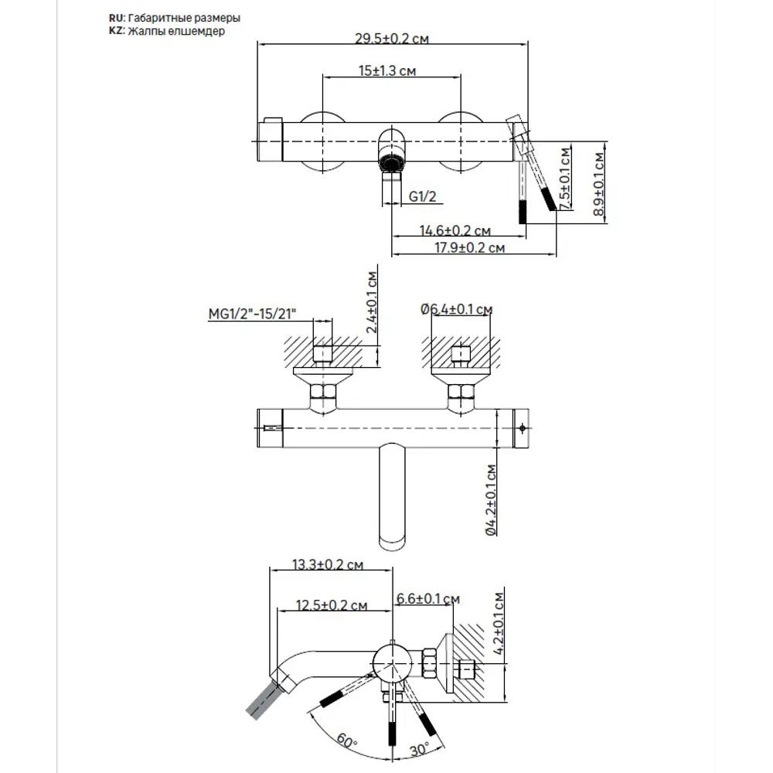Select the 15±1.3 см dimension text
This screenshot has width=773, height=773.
[388, 70]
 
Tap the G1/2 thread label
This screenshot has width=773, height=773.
[423, 197]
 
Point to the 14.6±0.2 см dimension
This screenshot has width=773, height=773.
[455, 230]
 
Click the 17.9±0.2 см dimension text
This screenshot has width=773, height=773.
[469, 247]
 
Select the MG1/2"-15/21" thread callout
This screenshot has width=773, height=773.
[254, 314]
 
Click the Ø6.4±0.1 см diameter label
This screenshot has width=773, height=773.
[457, 309]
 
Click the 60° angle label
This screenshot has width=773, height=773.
[346, 740]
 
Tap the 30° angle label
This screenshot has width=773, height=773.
[421, 749]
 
